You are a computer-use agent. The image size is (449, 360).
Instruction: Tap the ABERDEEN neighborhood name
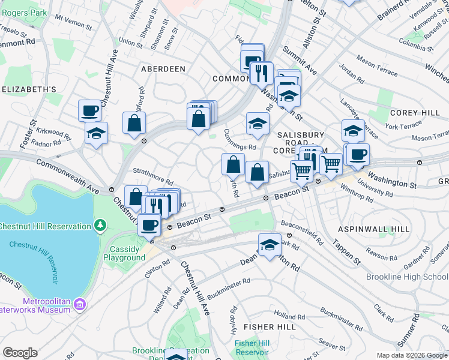[163, 69]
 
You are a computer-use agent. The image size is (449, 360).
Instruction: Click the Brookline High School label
[407, 277]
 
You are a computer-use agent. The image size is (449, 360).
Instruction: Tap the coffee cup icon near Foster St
[89, 110]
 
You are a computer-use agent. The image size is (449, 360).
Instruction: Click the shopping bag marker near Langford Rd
[134, 123]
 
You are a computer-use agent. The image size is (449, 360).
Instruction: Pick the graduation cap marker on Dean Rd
[270, 245]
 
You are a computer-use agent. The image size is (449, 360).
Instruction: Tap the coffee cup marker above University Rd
[358, 154]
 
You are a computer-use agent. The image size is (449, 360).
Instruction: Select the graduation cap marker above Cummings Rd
[258, 124]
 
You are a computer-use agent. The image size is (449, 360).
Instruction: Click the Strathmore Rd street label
[152, 175]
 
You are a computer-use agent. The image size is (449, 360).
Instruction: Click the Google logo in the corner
[20, 352]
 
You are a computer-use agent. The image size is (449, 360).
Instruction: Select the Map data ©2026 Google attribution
[411, 355]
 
